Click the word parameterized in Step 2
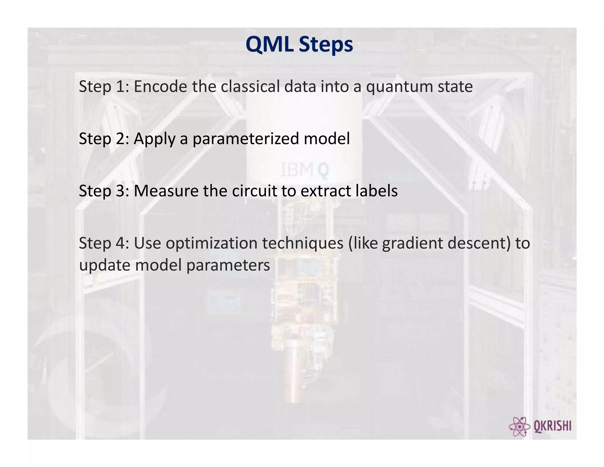246,139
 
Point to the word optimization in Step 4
211,244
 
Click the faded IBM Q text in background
304,171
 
